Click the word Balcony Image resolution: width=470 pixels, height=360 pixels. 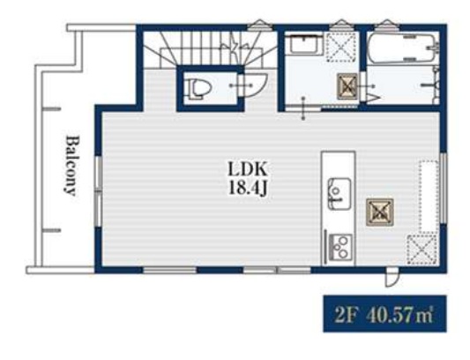point(71,166)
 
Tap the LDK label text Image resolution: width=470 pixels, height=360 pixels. point(247,169)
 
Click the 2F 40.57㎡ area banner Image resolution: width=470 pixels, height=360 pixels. point(384,314)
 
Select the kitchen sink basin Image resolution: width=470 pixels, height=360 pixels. point(339,194)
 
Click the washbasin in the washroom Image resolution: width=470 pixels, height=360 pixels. point(303,45)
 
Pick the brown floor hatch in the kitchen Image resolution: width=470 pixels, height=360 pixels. point(379,212)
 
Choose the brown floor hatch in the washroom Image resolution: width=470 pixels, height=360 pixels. point(347,86)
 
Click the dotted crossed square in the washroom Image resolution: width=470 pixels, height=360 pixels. point(341,47)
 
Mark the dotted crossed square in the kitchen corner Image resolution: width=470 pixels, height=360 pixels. point(422,250)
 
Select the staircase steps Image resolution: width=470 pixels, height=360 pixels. point(210,50)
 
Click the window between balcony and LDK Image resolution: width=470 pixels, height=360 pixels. point(98,191)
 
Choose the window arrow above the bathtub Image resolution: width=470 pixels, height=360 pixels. point(386,24)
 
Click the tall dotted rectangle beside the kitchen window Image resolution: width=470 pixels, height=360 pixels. point(428,197)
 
